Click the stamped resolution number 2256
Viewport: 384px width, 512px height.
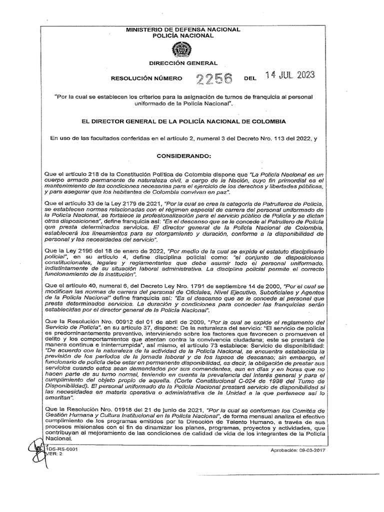(214, 78)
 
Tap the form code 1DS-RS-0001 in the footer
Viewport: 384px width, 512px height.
(61, 449)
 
